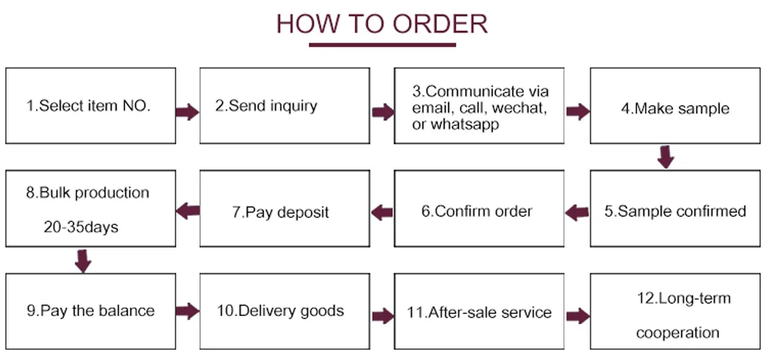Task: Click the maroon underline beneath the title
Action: [382, 45]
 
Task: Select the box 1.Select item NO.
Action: [91, 106]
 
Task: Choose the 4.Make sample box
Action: [675, 108]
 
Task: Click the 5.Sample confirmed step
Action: [675, 211]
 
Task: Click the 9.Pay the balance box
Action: [91, 311]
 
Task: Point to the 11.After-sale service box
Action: [479, 312]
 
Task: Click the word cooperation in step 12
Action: [677, 333]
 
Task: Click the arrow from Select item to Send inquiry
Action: [187, 112]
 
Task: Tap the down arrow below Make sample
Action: [666, 156]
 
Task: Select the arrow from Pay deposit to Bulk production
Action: [187, 210]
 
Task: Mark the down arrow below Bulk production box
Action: [83, 260]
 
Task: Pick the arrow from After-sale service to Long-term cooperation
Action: [577, 315]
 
